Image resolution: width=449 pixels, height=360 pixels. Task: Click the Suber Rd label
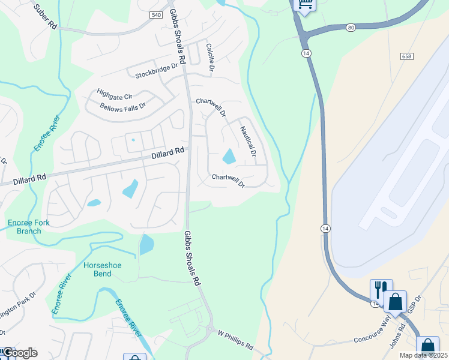click(46, 18)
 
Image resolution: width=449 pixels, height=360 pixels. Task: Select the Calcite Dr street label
click(210, 58)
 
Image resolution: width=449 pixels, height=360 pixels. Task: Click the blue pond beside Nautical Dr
click(229, 157)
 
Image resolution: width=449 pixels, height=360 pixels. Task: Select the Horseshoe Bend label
click(97, 269)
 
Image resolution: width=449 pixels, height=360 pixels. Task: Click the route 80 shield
click(351, 27)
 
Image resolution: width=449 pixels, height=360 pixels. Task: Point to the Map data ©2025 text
click(423, 355)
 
